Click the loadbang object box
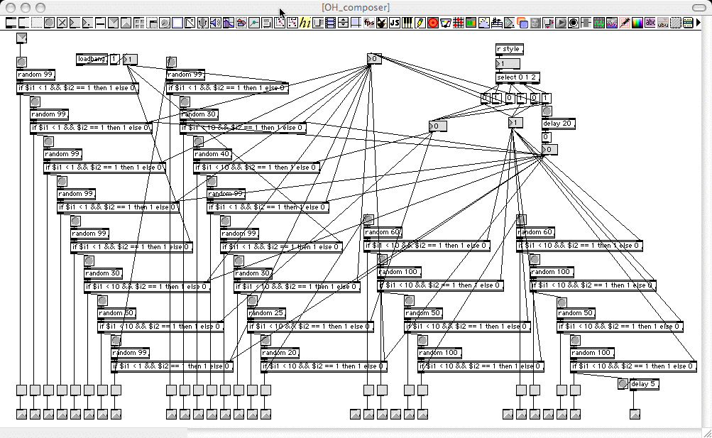(92, 59)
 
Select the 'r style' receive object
(509, 49)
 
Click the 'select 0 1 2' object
(517, 77)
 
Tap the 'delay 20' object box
(558, 124)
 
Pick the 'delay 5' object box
(645, 384)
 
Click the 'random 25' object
(266, 313)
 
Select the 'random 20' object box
(280, 353)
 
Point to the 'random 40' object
(212, 154)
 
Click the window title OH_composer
(355, 7)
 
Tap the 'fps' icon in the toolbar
(369, 23)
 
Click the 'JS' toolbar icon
(394, 23)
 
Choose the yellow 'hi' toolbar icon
(305, 23)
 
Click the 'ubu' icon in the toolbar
(663, 23)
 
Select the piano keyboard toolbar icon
(407, 23)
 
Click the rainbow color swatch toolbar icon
(637, 23)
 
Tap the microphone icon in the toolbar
(202, 23)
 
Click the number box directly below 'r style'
(508, 63)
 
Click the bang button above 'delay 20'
(547, 111)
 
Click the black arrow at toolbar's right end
(699, 23)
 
